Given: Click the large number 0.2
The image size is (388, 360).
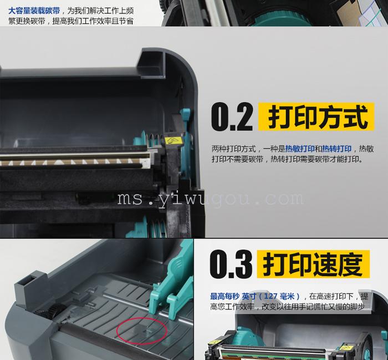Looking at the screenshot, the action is pos(232,117).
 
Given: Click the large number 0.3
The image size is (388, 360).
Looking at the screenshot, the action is pos(231,264).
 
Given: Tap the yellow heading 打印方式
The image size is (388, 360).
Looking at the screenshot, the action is pos(316,116).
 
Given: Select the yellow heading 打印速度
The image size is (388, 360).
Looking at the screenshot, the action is pos(313,264).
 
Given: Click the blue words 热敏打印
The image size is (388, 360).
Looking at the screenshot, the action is pos(300,149).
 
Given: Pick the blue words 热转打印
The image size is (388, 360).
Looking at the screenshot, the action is pos(336,149).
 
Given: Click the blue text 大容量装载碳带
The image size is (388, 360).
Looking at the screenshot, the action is pos(34,11).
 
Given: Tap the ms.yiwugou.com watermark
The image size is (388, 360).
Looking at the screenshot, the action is pos(211,199).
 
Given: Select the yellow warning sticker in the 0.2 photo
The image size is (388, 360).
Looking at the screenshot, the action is pos(172,141).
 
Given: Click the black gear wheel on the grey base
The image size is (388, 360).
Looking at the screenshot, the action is pos(50,309).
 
